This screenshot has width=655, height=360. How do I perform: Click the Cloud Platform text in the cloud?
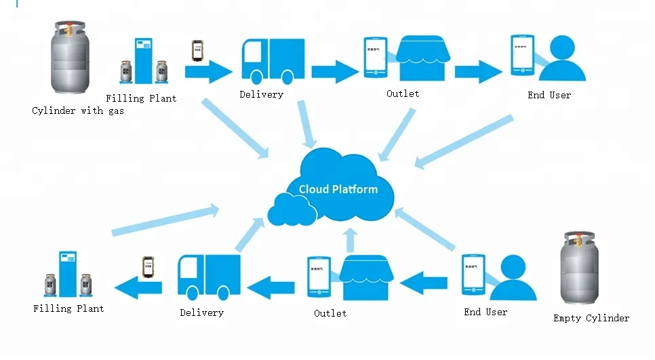[x=338, y=189]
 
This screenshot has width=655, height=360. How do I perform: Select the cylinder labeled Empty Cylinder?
[x=580, y=268]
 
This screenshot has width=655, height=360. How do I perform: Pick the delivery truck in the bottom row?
[x=208, y=276]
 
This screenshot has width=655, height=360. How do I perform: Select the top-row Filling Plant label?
[x=141, y=98]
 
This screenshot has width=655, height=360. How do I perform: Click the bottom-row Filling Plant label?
[x=68, y=308]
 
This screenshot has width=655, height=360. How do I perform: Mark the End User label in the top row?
[x=549, y=95]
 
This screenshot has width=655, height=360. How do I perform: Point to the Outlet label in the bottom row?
[x=330, y=313]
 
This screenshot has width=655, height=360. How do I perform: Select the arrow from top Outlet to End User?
[x=478, y=71]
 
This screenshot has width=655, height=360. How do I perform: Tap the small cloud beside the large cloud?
[x=292, y=208]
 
